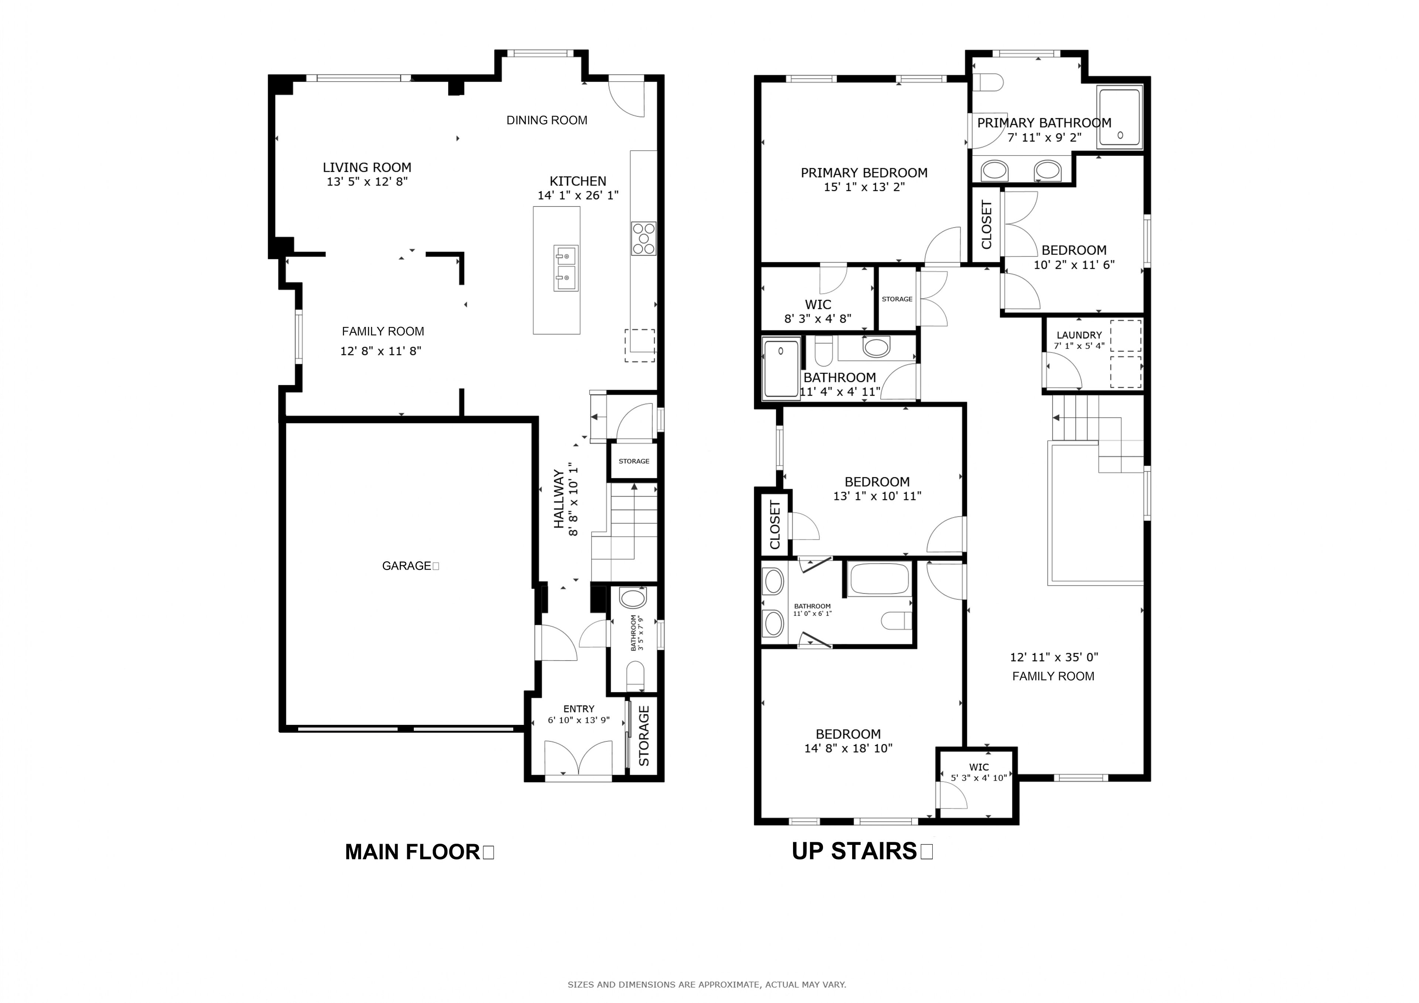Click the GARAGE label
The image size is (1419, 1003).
[x=406, y=566]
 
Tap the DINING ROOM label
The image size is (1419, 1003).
[x=547, y=120]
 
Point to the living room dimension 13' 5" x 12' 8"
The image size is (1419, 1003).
[x=367, y=182]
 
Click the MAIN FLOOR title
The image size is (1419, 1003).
[x=413, y=852]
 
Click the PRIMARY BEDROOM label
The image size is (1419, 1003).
[x=864, y=173]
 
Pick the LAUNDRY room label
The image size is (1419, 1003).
[x=1079, y=335]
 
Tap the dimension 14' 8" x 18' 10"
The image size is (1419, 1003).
[x=848, y=749]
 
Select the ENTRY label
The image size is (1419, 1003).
[x=579, y=709]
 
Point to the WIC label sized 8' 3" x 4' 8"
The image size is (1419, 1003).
[x=818, y=305]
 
